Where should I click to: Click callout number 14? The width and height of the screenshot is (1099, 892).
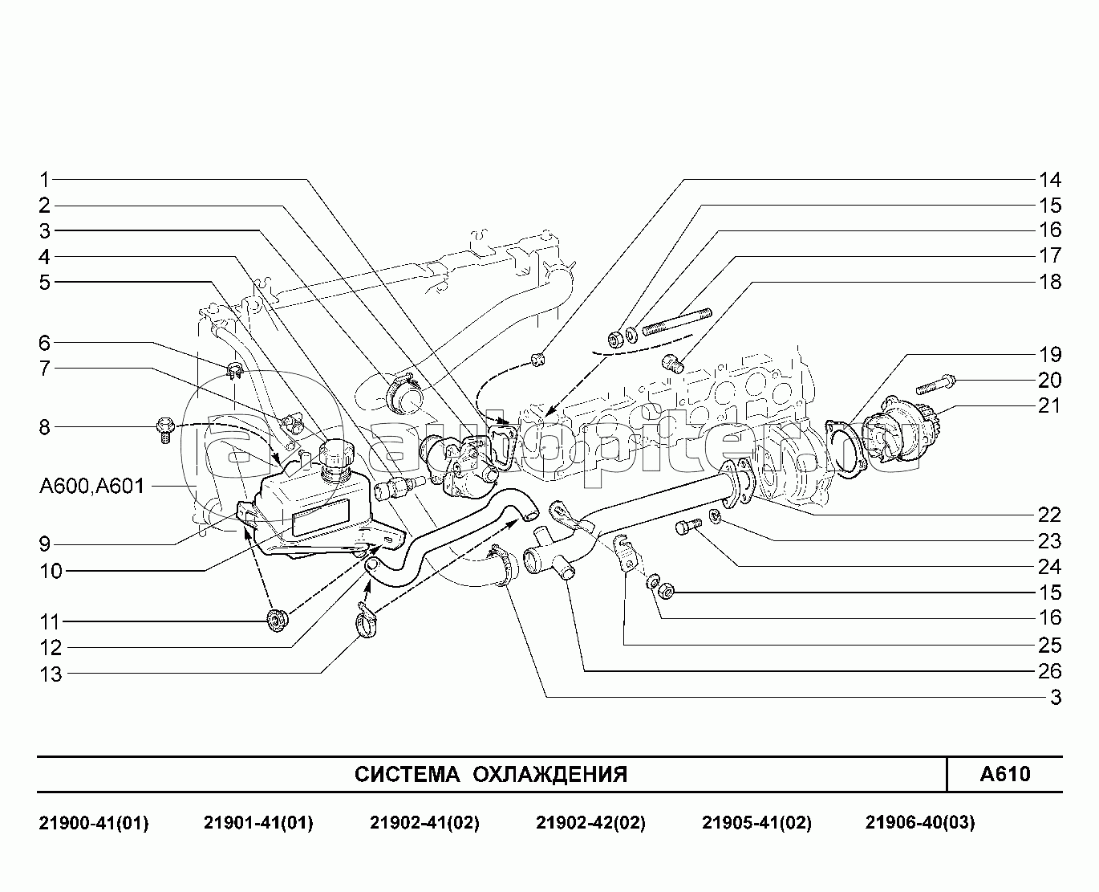[1049, 179]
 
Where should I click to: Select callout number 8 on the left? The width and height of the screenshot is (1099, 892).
[45, 427]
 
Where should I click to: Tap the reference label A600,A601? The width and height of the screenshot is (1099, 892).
[91, 487]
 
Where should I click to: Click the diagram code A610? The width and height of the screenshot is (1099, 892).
[1004, 774]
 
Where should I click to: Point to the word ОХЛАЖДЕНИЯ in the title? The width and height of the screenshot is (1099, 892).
[549, 774]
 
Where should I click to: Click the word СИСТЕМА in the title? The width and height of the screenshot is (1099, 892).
[407, 774]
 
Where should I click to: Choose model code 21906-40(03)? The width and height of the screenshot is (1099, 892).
[920, 822]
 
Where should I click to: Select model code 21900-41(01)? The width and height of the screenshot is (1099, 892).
[93, 822]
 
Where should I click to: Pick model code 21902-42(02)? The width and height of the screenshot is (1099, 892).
[590, 822]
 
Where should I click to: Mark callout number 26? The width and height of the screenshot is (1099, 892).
[1049, 671]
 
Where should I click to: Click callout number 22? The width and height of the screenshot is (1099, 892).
[1049, 515]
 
